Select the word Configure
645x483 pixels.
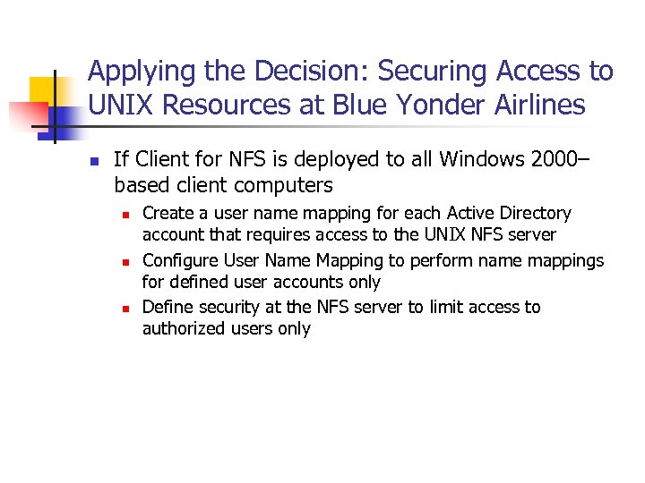(176, 260)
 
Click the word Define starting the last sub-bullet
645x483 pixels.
(166, 307)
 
